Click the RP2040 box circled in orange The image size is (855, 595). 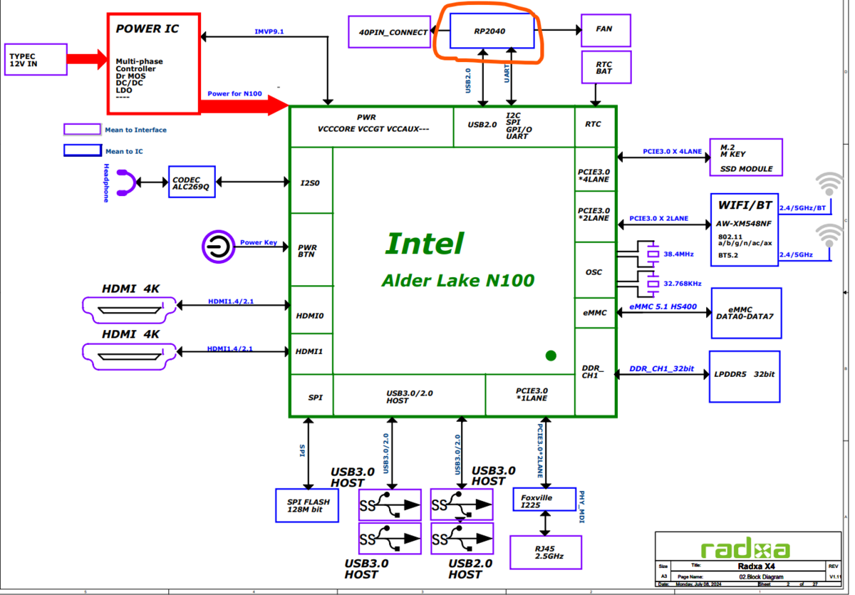click(492, 31)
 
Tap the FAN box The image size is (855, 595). click(606, 29)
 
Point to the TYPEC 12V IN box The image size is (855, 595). click(36, 59)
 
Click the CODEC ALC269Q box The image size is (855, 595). click(191, 183)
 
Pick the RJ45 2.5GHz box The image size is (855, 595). click(545, 552)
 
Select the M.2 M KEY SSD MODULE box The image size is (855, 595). click(745, 157)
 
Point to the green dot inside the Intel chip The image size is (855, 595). click(551, 356)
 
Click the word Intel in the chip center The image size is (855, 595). click(425, 244)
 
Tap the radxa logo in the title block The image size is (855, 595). click(745, 549)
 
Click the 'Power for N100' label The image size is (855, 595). click(234, 94)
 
